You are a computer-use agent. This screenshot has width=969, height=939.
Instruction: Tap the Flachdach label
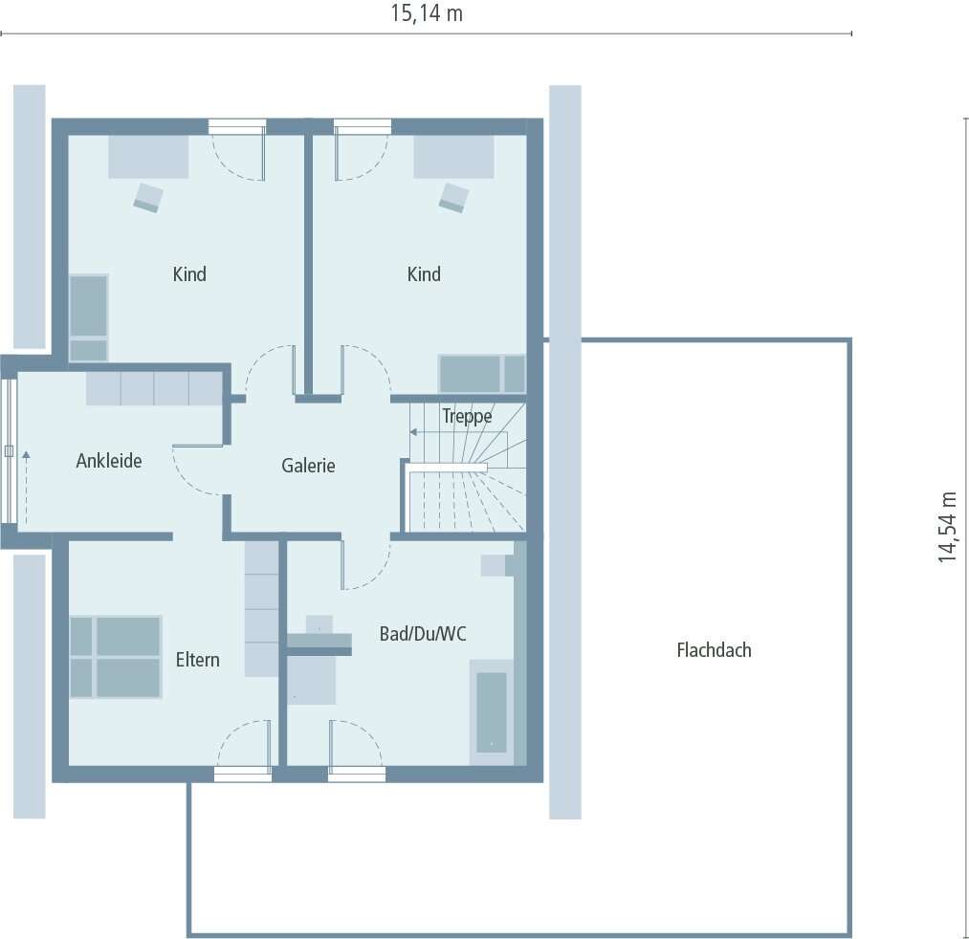(x=714, y=650)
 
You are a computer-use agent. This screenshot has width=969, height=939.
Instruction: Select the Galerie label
(x=308, y=466)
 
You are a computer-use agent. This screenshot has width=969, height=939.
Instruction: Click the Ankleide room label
(x=109, y=461)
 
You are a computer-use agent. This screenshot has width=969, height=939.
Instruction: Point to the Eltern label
(x=197, y=659)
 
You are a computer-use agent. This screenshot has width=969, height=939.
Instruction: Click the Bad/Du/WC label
(x=423, y=633)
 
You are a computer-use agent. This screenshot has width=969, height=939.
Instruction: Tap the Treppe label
(x=467, y=416)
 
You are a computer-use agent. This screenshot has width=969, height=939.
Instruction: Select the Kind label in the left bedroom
(x=189, y=274)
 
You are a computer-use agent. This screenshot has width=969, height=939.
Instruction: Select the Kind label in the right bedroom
(x=424, y=274)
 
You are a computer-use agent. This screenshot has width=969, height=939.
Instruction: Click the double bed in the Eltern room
(x=115, y=656)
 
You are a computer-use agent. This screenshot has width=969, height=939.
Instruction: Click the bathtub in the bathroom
(x=492, y=711)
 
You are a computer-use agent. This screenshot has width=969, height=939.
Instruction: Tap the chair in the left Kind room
(x=148, y=196)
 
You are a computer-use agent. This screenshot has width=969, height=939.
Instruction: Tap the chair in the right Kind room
(x=454, y=196)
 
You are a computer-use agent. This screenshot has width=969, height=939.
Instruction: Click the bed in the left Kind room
(x=89, y=317)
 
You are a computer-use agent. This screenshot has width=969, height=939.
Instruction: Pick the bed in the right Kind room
(x=481, y=374)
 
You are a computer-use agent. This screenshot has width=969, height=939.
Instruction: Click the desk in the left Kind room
(x=148, y=156)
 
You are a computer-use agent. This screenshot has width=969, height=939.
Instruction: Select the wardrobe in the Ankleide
(x=154, y=388)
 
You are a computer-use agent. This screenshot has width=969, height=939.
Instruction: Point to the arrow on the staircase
(x=415, y=432)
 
